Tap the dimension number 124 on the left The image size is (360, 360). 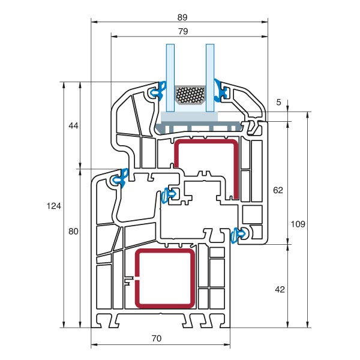click(53, 206)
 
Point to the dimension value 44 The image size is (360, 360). click(73, 125)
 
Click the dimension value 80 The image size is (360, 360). click(73, 231)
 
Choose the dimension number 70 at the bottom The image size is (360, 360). click(156, 338)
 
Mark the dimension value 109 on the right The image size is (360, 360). click(298, 224)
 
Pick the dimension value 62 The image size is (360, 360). click(278, 190)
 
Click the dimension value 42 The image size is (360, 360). click(279, 289)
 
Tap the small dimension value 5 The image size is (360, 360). click(278, 102)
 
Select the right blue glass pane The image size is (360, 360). click(210, 78)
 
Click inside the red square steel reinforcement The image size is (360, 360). click(165, 278)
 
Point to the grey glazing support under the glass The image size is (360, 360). click(198, 127)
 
